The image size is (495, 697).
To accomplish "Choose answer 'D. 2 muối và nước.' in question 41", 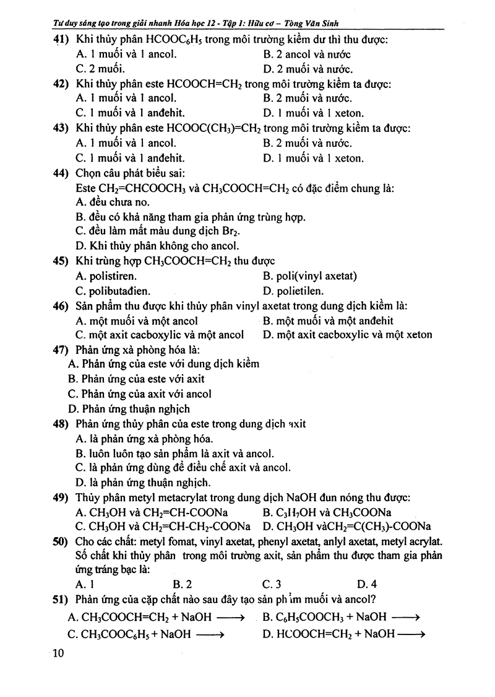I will [x=308, y=69].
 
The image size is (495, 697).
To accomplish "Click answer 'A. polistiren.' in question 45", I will [x=106, y=276].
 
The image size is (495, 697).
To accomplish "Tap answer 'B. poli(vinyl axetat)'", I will [x=309, y=276].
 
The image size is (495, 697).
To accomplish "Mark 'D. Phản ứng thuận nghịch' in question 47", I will [x=129, y=409].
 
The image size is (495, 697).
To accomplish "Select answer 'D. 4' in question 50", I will [x=367, y=584].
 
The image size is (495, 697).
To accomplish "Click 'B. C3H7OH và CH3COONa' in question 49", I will [x=327, y=512].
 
